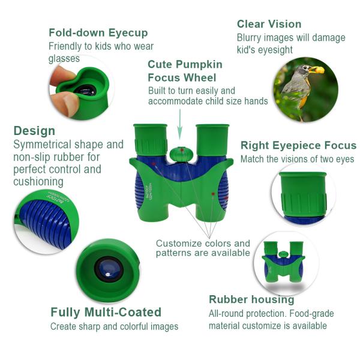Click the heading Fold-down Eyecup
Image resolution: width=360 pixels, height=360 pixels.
[98, 33]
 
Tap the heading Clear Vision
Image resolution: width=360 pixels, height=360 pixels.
[269, 24]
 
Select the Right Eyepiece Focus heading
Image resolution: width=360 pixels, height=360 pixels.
[298, 145]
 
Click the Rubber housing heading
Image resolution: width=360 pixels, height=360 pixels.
[251, 299]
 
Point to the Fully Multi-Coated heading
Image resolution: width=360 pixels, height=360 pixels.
[106, 312]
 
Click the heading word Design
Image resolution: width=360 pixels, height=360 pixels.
[34, 131]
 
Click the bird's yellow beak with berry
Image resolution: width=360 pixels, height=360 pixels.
[317, 70]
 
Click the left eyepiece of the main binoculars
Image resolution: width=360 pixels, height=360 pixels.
[151, 140]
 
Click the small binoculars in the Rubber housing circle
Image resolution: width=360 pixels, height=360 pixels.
[284, 262]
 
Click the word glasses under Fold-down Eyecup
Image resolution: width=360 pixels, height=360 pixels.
[64, 58]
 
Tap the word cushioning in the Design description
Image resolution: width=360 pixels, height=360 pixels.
[38, 182]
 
